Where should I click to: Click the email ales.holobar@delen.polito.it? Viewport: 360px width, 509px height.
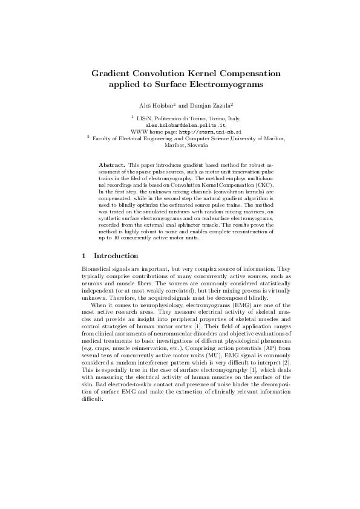(180, 124)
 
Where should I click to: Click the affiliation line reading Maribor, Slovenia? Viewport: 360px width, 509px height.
(180, 145)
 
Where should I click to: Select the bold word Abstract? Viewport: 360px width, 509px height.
(112, 164)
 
